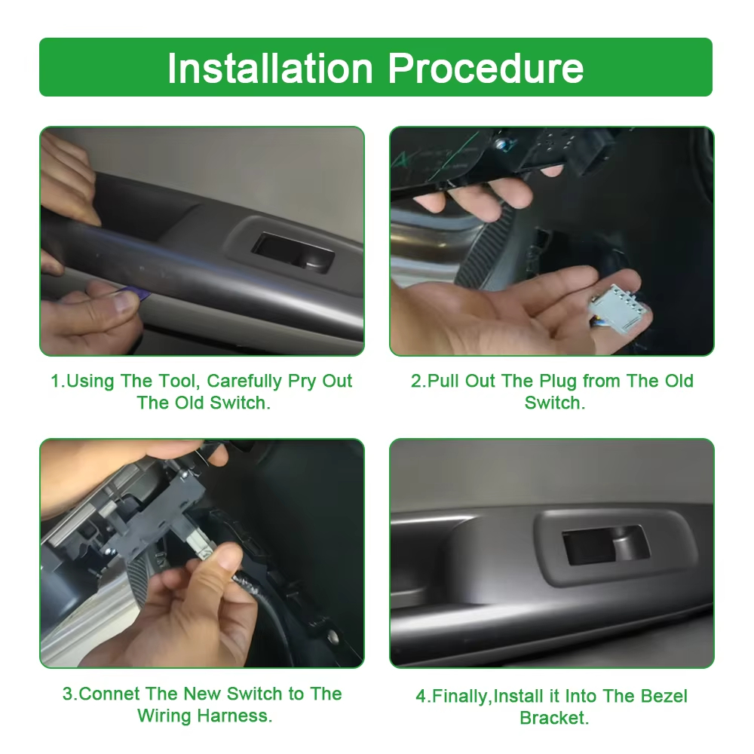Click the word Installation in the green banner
tap(270, 69)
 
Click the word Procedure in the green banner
tap(486, 69)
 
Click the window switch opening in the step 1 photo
tap(293, 253)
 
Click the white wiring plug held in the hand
tap(619, 308)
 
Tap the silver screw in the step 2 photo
tap(502, 143)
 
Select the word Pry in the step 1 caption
tap(302, 382)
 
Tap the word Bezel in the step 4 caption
tap(664, 696)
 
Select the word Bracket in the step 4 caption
tap(554, 718)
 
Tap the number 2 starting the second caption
tap(416, 381)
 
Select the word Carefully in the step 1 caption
tap(244, 382)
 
